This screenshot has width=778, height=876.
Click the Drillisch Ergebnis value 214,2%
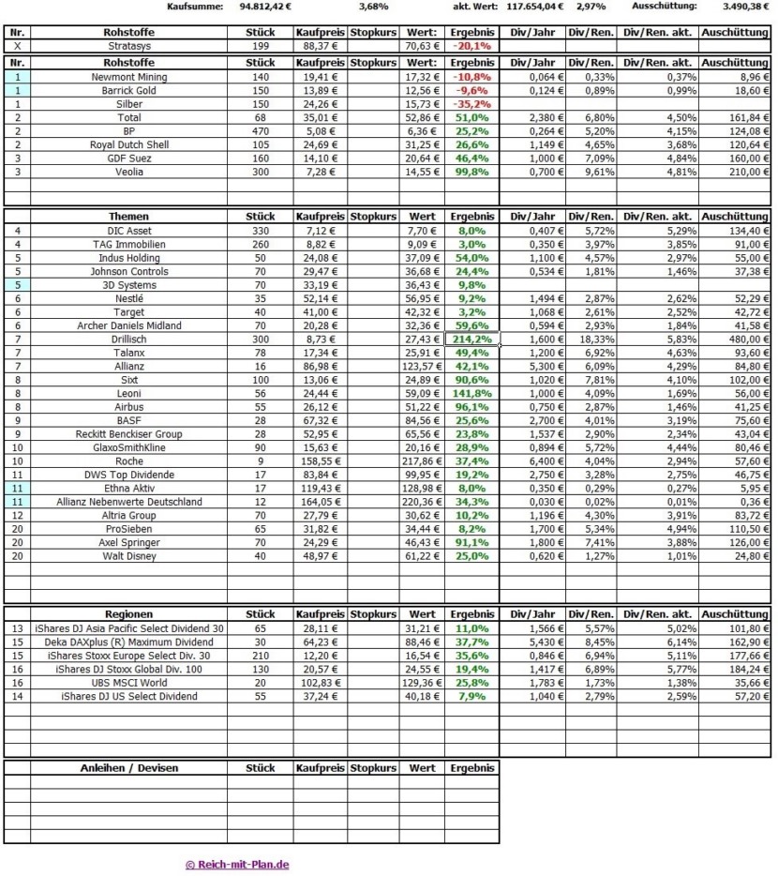click(471, 339)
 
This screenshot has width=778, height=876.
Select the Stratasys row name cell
click(129, 45)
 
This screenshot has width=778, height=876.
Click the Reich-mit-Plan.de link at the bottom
click(237, 865)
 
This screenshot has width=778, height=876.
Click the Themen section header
click(129, 217)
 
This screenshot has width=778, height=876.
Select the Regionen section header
click(129, 614)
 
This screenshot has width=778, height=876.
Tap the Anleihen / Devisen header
click(129, 768)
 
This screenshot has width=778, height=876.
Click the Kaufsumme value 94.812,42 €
click(265, 7)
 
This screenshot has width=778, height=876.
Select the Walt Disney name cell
click(129, 556)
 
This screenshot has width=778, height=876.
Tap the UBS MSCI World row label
click(129, 683)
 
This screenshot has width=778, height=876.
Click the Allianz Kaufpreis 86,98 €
click(321, 366)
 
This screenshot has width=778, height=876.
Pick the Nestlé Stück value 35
click(260, 298)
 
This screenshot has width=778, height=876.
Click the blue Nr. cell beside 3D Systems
click(17, 284)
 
